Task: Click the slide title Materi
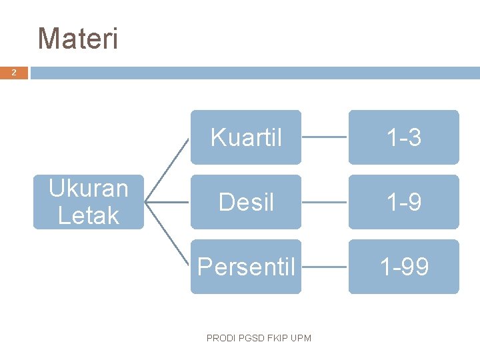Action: click(x=78, y=39)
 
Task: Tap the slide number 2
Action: click(x=14, y=73)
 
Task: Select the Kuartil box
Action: click(x=246, y=137)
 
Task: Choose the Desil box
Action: click(x=246, y=202)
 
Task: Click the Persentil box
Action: click(x=246, y=267)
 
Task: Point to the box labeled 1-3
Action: click(x=403, y=137)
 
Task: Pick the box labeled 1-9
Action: click(x=403, y=202)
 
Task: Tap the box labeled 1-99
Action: click(x=403, y=267)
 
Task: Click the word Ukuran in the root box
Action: click(x=89, y=189)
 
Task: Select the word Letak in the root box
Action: click(x=89, y=215)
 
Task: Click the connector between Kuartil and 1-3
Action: click(x=325, y=137)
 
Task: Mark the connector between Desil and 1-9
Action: click(x=325, y=202)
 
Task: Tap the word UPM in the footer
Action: click(x=301, y=339)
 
